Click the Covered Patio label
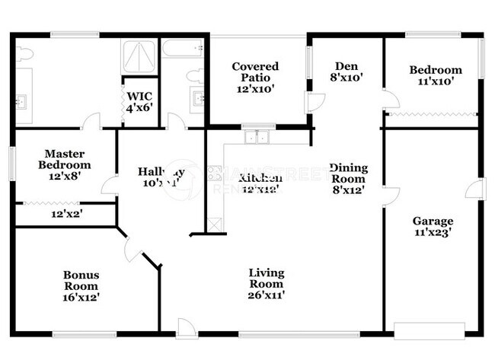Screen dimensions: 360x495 coord(255,77)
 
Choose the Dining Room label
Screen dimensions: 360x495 coord(348,179)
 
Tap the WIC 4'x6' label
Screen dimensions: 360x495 coord(139,101)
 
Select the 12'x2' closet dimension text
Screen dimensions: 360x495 coord(67,214)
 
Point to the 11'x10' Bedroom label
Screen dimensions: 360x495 coord(435,75)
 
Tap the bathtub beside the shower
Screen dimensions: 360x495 coord(183,50)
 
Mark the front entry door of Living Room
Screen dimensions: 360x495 coord(187,329)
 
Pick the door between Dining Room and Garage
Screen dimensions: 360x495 coord(390,196)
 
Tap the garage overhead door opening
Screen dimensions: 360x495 coord(429,332)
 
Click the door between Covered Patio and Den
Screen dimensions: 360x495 coord(314,103)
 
